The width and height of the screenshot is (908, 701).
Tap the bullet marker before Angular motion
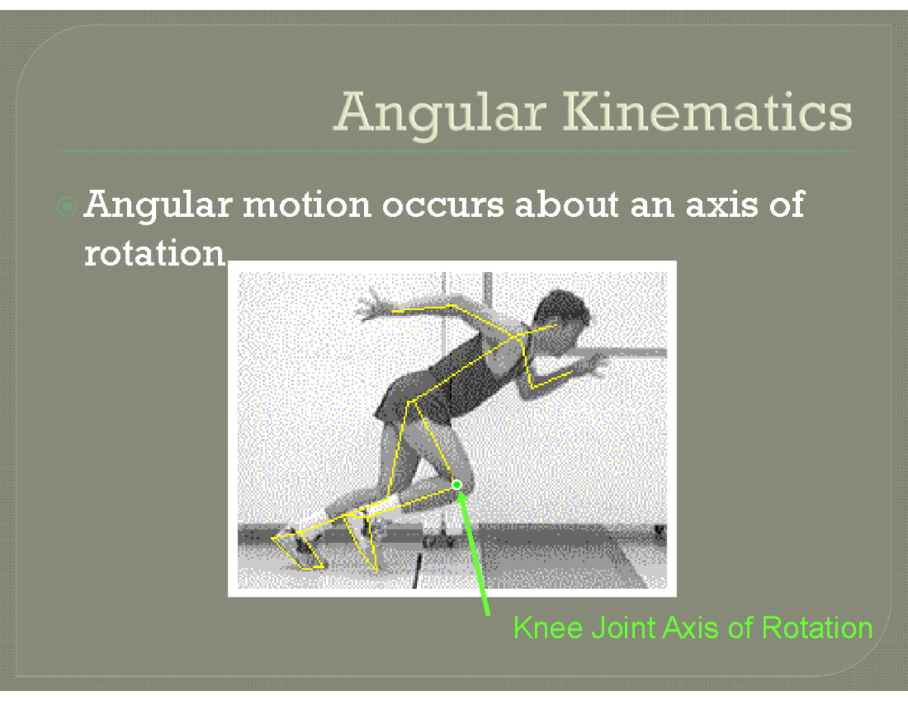tap(68, 205)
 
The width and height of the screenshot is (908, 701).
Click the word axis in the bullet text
tap(722, 205)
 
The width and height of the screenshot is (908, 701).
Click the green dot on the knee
tap(457, 484)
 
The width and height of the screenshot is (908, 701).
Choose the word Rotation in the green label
tap(817, 628)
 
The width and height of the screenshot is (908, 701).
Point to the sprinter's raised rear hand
tap(371, 306)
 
